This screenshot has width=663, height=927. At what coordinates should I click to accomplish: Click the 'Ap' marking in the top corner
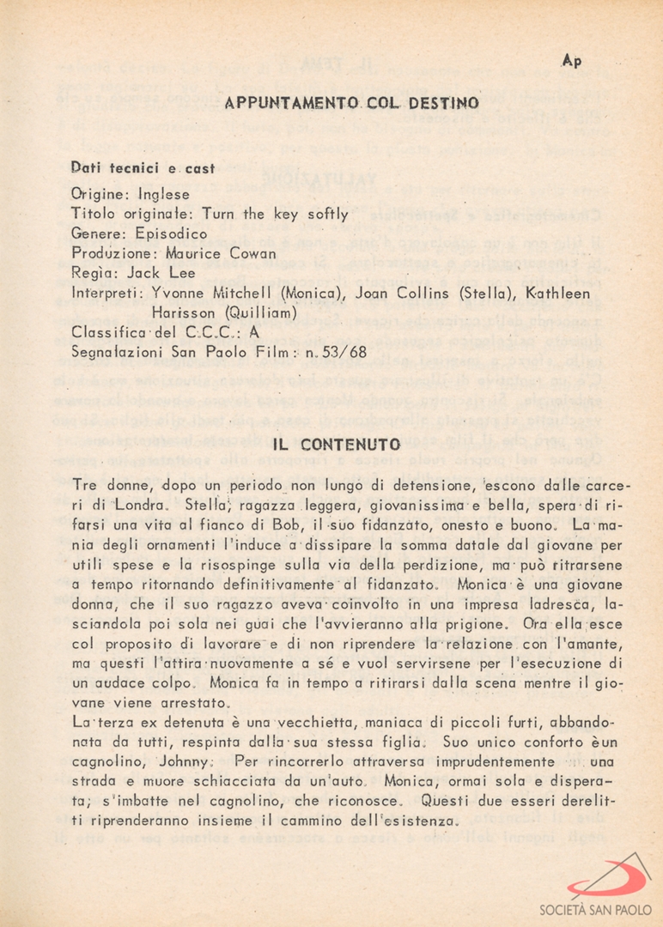tap(571, 61)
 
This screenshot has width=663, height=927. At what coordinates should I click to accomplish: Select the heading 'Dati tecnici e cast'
tap(143, 169)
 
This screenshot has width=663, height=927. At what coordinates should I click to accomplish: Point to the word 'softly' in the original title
tap(328, 214)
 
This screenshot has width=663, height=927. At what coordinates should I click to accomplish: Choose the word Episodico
tap(172, 233)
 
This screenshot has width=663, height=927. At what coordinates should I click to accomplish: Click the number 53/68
tap(346, 352)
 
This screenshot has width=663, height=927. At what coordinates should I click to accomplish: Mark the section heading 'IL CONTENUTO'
tap(337, 445)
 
